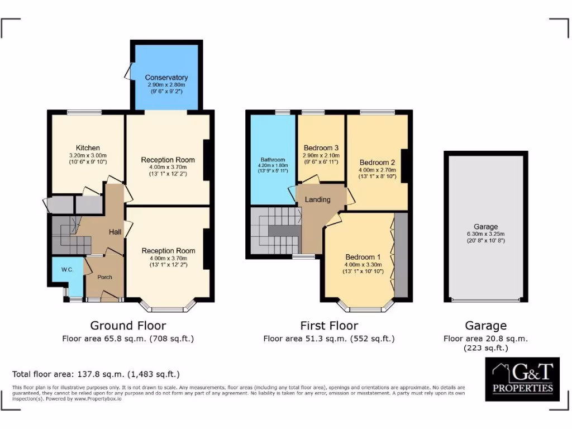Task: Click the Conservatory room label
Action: (166, 77)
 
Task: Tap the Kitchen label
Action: (88, 148)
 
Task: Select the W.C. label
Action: (67, 270)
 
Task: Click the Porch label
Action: (104, 277)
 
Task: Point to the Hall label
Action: (115, 232)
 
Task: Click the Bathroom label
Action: (273, 160)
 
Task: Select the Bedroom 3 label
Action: (321, 148)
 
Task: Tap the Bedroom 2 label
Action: (378, 163)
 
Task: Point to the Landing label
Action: (317, 199)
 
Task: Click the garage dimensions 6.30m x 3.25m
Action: (485, 234)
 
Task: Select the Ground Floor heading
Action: (128, 325)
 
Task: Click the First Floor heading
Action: (329, 325)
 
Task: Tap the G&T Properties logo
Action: (522, 379)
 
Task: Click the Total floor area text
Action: (96, 374)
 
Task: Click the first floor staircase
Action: (274, 230)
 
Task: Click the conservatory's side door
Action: (128, 71)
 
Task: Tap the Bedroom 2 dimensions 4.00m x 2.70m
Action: (378, 170)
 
